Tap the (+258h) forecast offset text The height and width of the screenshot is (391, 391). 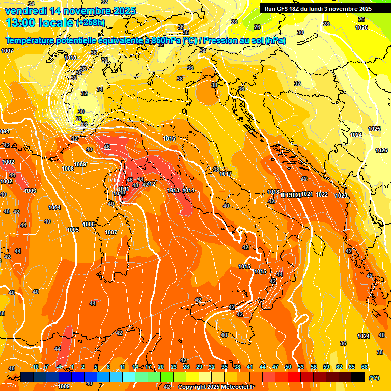(91, 23)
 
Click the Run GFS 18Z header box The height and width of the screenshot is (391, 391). (318, 8)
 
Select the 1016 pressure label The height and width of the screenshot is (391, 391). (169, 138)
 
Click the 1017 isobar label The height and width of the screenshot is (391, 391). (226, 174)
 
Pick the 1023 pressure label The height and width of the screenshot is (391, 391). (341, 195)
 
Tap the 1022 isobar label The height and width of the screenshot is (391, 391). (322, 194)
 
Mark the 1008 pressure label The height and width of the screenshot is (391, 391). (68, 169)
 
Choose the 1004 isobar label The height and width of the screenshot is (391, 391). (54, 207)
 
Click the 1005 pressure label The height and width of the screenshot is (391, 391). (73, 230)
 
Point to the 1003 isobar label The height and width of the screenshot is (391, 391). (30, 191)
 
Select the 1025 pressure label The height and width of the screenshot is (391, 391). (374, 129)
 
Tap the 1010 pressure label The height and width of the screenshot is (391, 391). (71, 58)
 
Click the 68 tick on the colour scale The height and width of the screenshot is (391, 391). (365, 367)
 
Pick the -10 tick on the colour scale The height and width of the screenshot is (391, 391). (35, 367)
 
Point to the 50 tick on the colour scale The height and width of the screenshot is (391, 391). (288, 367)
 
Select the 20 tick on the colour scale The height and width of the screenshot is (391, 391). (161, 367)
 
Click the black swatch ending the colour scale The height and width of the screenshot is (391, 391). (358, 377)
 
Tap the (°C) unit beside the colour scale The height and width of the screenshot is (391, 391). (374, 378)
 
